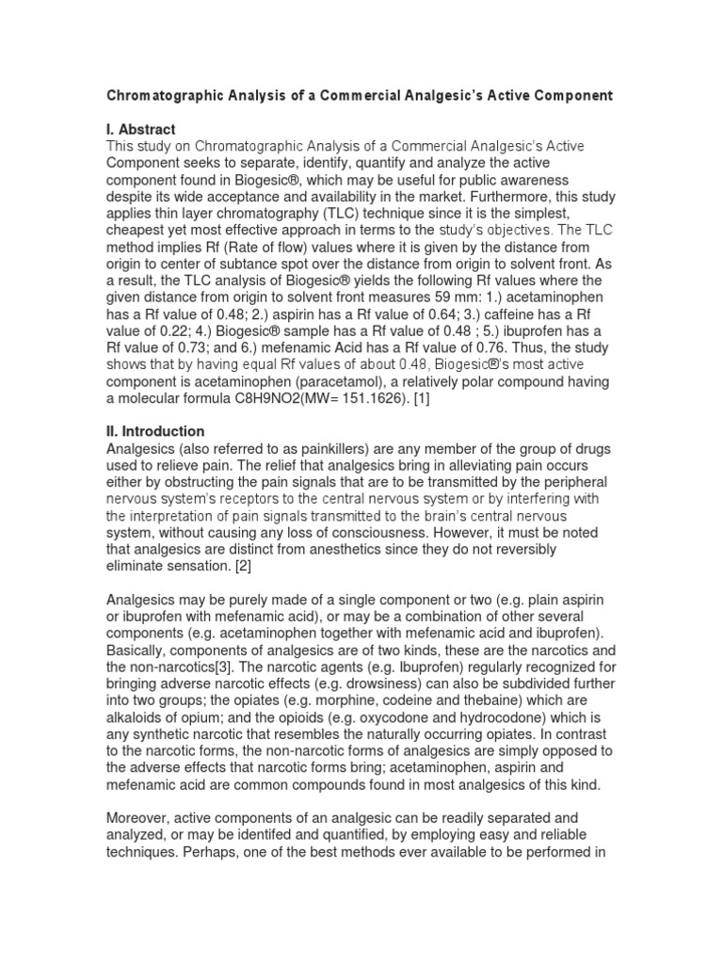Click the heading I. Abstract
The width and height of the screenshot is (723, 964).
141,129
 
